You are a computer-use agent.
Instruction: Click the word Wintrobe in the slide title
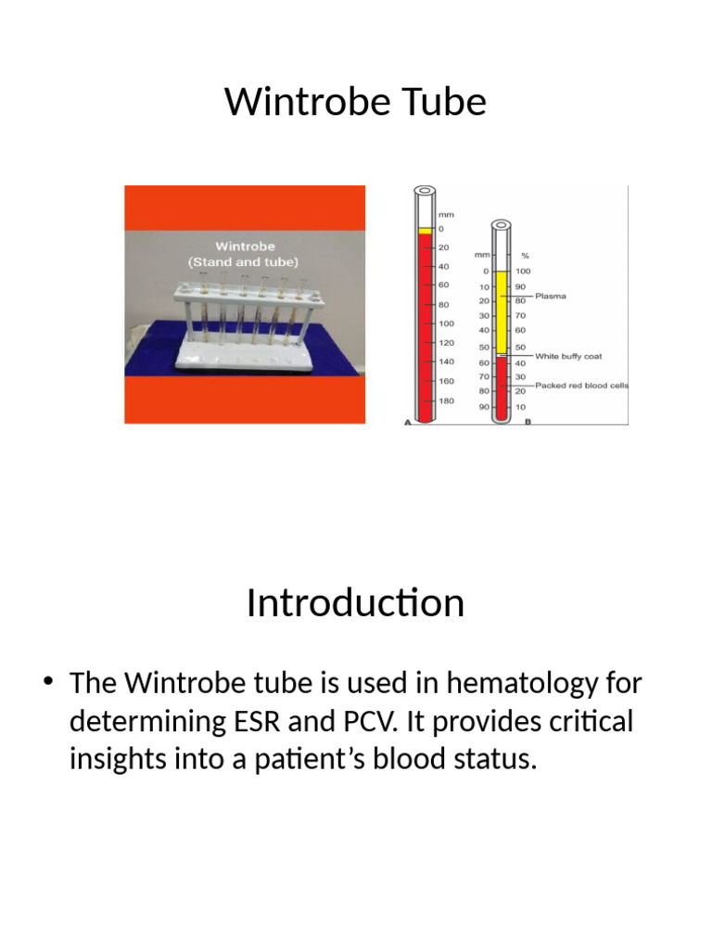(x=289, y=101)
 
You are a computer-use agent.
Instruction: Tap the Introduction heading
(x=355, y=603)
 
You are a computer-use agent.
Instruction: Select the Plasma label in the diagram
(x=551, y=297)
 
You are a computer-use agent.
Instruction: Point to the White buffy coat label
(x=568, y=356)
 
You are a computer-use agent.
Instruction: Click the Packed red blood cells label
(x=582, y=386)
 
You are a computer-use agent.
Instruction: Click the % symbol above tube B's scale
(x=525, y=255)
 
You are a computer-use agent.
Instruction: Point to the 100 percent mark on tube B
(x=524, y=271)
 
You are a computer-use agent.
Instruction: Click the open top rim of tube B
(x=501, y=224)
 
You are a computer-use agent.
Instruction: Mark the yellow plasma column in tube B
(x=501, y=310)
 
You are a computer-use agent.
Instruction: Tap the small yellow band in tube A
(x=425, y=229)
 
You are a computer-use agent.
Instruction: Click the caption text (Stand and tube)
(x=245, y=262)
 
